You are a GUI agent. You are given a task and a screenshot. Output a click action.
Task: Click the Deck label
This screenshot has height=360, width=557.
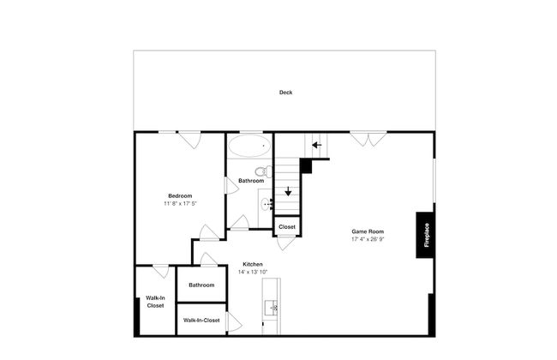[x=285, y=93]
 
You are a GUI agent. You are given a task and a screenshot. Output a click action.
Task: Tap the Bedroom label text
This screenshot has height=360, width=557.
[x=180, y=195]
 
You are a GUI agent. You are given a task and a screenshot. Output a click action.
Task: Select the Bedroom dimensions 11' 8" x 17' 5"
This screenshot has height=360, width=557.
[x=180, y=204]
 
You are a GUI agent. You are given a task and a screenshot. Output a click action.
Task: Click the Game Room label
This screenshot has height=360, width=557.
[x=368, y=231]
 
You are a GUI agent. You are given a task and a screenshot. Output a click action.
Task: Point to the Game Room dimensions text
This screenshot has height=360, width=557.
[x=368, y=239]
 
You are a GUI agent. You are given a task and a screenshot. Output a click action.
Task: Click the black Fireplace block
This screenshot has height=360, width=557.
[x=425, y=235]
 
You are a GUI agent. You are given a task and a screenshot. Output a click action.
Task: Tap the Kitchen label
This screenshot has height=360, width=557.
[x=253, y=264]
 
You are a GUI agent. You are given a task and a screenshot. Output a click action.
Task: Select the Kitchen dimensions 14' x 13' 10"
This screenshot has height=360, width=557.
[x=253, y=272]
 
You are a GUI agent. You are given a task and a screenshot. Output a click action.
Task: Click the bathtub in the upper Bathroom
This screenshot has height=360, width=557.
[x=249, y=146]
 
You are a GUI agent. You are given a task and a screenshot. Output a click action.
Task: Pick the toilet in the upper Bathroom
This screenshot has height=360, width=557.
[x=264, y=171]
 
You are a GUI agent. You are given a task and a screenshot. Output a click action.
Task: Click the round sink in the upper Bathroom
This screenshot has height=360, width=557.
[x=266, y=204]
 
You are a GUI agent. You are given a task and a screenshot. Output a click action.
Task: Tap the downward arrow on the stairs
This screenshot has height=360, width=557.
[x=288, y=191]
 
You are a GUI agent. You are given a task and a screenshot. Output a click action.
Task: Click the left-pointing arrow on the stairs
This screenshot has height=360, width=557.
[x=317, y=145]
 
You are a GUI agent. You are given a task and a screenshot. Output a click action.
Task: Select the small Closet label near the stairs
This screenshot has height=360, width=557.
[x=287, y=227]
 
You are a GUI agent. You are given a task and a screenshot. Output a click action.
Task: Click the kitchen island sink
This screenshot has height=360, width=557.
[x=272, y=308]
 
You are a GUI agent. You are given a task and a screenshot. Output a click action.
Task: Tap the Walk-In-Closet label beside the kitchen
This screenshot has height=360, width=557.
[x=201, y=321]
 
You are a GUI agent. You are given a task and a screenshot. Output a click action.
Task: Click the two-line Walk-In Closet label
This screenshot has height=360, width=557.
[x=156, y=302]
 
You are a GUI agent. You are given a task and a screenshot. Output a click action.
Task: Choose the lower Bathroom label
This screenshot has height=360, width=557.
[x=201, y=285]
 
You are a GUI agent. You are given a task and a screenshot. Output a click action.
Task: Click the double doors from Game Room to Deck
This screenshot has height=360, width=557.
[x=368, y=140]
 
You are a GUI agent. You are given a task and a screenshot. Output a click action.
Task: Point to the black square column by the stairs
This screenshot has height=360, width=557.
[x=306, y=166]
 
